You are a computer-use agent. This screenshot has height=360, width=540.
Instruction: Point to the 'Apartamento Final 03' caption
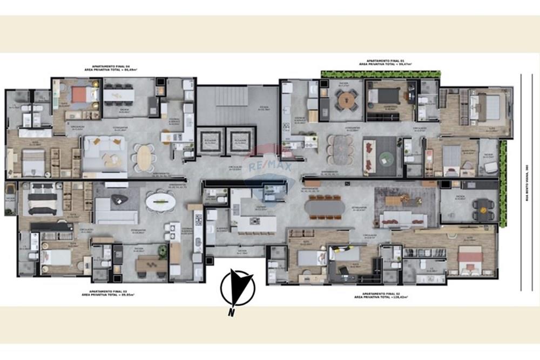coord(107,294)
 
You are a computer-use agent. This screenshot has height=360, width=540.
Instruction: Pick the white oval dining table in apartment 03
coord(160,202)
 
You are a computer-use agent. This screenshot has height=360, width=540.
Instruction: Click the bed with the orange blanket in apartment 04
coord(79,95)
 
